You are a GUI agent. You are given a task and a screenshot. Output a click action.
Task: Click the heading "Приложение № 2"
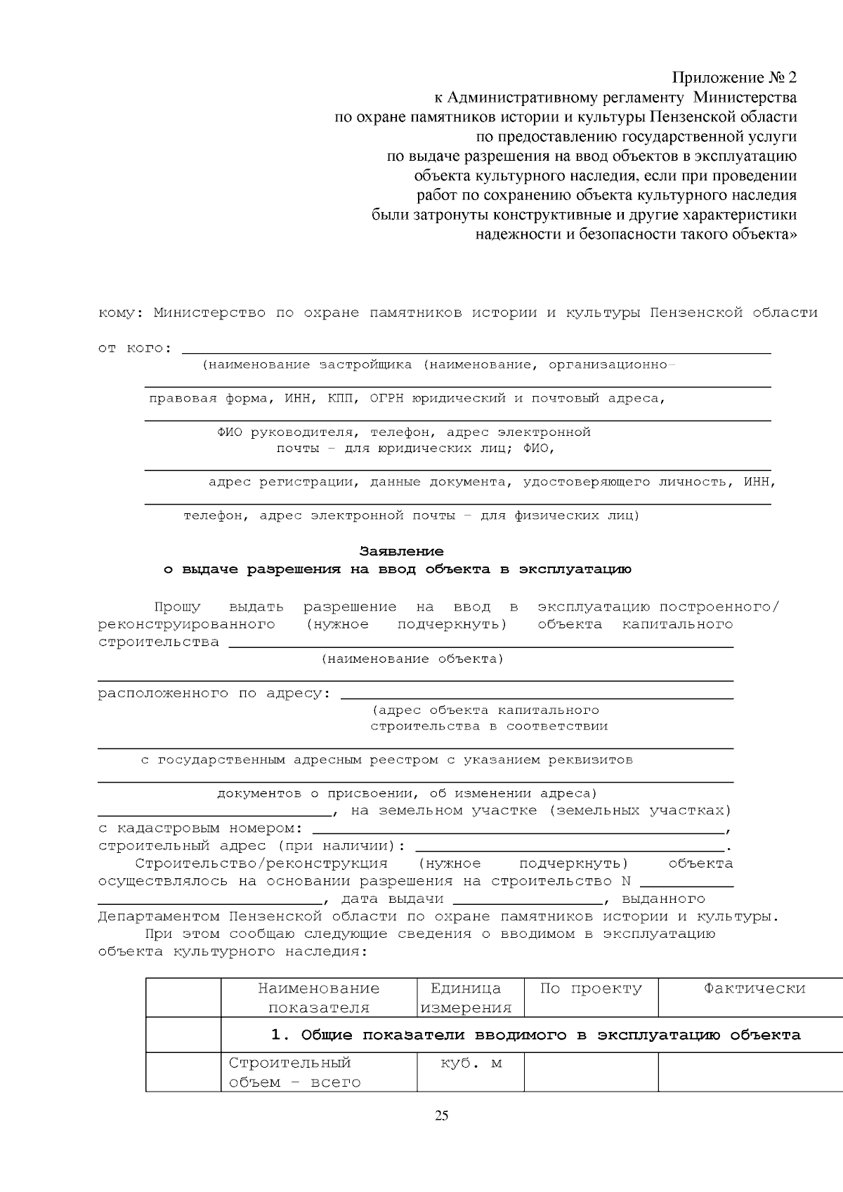click(735, 77)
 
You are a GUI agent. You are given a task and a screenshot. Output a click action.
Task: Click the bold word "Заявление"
click(401, 551)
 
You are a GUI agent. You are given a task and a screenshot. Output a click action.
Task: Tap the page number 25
click(441, 1116)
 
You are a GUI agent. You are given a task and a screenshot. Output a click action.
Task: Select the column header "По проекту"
click(591, 988)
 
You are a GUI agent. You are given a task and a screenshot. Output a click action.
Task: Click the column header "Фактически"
click(754, 988)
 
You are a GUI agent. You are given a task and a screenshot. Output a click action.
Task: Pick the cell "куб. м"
click(471, 1063)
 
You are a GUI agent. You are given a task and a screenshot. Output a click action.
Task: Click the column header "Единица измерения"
click(466, 998)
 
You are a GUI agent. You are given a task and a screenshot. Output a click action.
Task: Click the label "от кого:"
click(134, 348)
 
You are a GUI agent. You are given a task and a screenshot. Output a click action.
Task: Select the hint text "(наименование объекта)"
click(412, 658)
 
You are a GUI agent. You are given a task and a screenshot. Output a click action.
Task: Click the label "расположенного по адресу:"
click(214, 694)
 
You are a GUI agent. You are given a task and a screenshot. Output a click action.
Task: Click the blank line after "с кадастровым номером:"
click(518, 830)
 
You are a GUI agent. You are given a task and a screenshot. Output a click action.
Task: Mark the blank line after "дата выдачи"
click(528, 901)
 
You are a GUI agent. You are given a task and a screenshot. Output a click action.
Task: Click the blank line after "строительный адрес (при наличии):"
click(570, 848)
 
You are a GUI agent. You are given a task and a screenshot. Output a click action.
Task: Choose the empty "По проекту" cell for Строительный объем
click(591, 1072)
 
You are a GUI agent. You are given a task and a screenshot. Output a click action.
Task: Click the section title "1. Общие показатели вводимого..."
click(535, 1035)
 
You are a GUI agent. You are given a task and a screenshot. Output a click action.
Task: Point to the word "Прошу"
click(177, 607)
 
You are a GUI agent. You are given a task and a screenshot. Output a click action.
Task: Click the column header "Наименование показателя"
click(318, 998)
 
